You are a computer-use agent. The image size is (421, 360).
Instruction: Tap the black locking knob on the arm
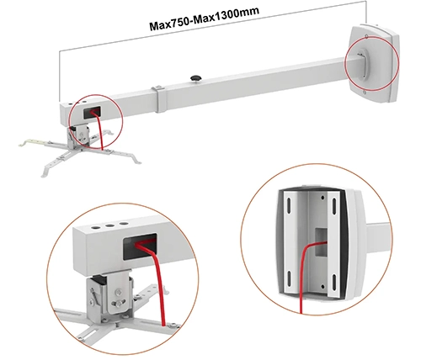[196, 78]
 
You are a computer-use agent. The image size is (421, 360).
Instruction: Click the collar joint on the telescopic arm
[159, 99]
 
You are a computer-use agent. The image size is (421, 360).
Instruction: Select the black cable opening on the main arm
[92, 112]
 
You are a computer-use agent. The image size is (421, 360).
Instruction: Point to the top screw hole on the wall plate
[366, 36]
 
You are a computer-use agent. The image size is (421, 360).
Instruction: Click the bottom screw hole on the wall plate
[365, 92]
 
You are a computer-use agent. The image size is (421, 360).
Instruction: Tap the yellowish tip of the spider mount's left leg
[23, 145]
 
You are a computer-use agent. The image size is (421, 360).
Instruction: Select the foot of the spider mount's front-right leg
[137, 162]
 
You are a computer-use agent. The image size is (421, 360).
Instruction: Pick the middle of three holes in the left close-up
[109, 225]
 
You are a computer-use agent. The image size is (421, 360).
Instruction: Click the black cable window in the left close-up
[140, 246]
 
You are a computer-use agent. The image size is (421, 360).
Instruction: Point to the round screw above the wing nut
[119, 293]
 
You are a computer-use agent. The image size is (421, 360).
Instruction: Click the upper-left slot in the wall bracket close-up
[289, 206]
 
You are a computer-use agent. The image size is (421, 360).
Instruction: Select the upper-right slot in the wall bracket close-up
[334, 205]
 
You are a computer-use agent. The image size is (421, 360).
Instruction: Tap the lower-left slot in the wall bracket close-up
[289, 279]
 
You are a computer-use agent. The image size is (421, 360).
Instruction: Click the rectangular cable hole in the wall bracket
[321, 242]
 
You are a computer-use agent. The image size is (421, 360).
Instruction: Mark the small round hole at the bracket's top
[322, 198]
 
